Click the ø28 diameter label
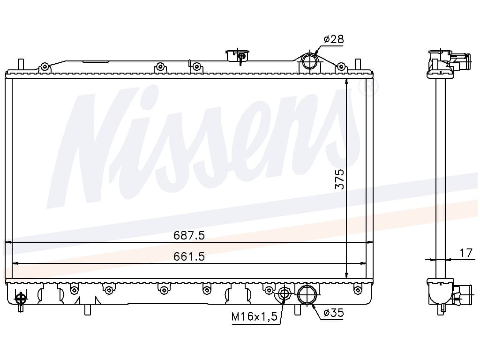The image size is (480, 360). click(x=333, y=39)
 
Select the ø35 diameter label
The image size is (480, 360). click(x=334, y=313)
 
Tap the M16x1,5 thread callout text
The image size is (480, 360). click(x=255, y=316)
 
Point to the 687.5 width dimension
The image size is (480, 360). click(x=189, y=235)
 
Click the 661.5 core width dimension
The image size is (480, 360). click(x=189, y=256)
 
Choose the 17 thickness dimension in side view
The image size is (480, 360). click(x=466, y=253)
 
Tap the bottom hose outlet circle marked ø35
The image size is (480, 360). click(x=307, y=295)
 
